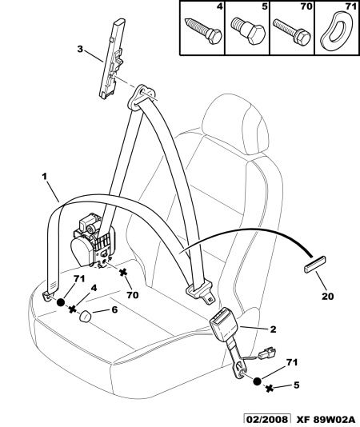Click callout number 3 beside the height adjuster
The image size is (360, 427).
point(80,50)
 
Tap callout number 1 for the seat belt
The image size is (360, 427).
point(45,177)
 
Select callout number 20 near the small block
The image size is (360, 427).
point(327,296)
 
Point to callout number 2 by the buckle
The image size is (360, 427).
point(273,329)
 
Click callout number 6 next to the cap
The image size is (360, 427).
point(114,309)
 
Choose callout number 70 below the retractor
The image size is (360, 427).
point(133,294)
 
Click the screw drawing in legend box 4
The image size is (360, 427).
point(203,30)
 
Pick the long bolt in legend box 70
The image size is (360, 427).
point(291,31)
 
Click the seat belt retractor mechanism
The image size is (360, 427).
point(94,241)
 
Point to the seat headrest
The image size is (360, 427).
point(236,124)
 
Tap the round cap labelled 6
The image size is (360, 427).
point(86,316)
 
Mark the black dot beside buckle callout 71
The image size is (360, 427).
point(258,381)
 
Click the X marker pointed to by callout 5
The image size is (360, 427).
point(270,389)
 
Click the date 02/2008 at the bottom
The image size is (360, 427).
point(266,419)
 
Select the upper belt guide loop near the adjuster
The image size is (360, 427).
point(142,97)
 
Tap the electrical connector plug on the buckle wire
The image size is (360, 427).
point(266,353)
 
